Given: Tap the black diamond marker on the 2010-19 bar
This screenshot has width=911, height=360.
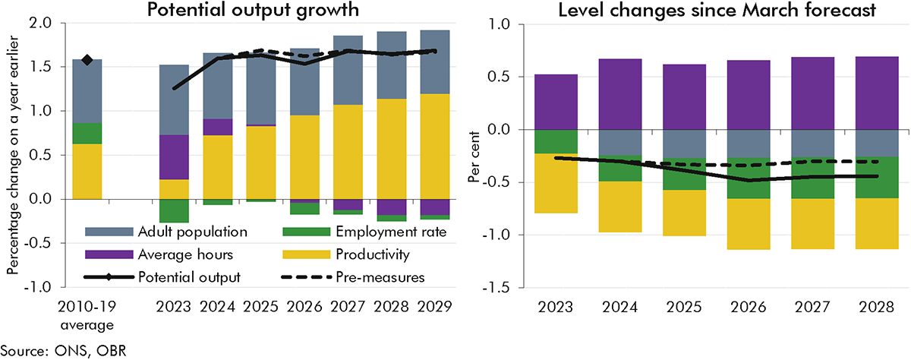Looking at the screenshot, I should [87, 60].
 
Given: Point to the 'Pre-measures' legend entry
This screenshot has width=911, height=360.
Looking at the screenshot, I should [372, 277].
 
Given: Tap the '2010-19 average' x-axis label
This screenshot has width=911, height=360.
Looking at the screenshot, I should [87, 317].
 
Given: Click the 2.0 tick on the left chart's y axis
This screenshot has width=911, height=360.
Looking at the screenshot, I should [39, 23].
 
